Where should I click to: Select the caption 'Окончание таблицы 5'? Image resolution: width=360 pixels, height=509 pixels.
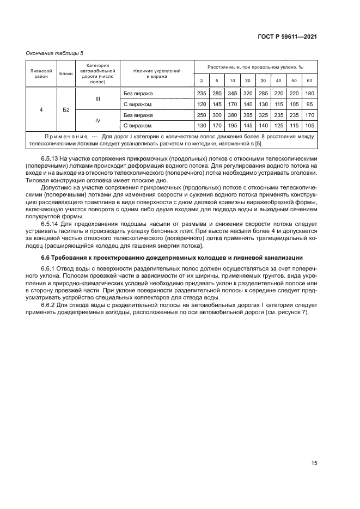pyautogui.click(x=55, y=53)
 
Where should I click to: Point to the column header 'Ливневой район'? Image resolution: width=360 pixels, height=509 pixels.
pyautogui.click(x=41, y=73)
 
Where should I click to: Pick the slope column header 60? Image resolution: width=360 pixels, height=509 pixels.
pyautogui.click(x=310, y=81)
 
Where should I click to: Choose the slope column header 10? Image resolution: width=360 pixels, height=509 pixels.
pyautogui.click(x=232, y=81)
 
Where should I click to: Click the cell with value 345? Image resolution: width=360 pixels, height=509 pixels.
pyautogui.click(x=232, y=94)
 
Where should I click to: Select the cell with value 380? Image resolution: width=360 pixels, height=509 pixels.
pyautogui.click(x=232, y=115)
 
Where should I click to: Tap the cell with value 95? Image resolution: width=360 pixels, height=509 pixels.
pyautogui.click(x=310, y=104)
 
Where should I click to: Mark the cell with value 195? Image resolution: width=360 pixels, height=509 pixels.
pyautogui.click(x=232, y=126)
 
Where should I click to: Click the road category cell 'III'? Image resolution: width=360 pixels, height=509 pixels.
pyautogui.click(x=98, y=99)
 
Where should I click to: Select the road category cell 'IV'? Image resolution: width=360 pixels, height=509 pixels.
pyautogui.click(x=98, y=120)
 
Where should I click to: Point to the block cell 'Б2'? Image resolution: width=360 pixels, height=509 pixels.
pyautogui.click(x=66, y=110)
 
